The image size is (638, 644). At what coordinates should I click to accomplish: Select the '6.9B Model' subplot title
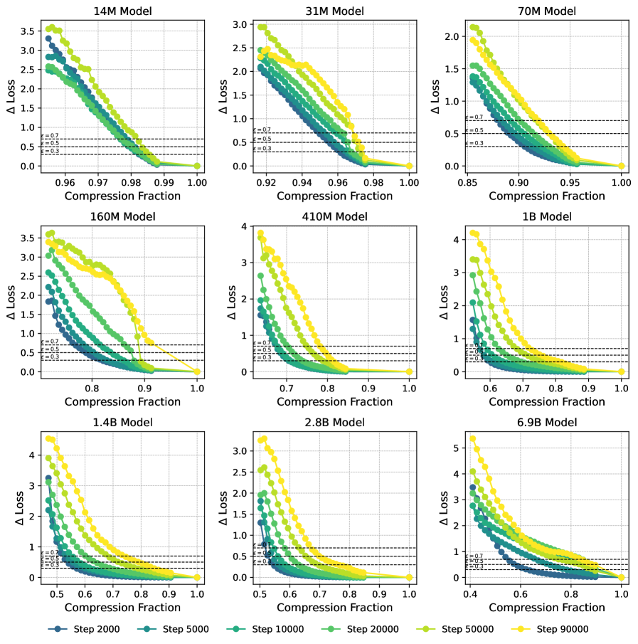pos(546,423)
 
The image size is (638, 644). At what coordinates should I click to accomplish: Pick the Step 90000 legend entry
pos(563,629)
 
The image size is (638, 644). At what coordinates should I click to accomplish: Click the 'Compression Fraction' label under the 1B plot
pos(546,401)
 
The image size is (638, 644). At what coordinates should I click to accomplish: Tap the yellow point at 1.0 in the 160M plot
pos(197,371)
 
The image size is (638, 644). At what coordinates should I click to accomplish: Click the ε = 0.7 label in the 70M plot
pos(474,117)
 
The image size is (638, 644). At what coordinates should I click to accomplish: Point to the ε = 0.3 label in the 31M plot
pos(262,148)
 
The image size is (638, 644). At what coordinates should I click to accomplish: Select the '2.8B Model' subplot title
pos(334,423)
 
